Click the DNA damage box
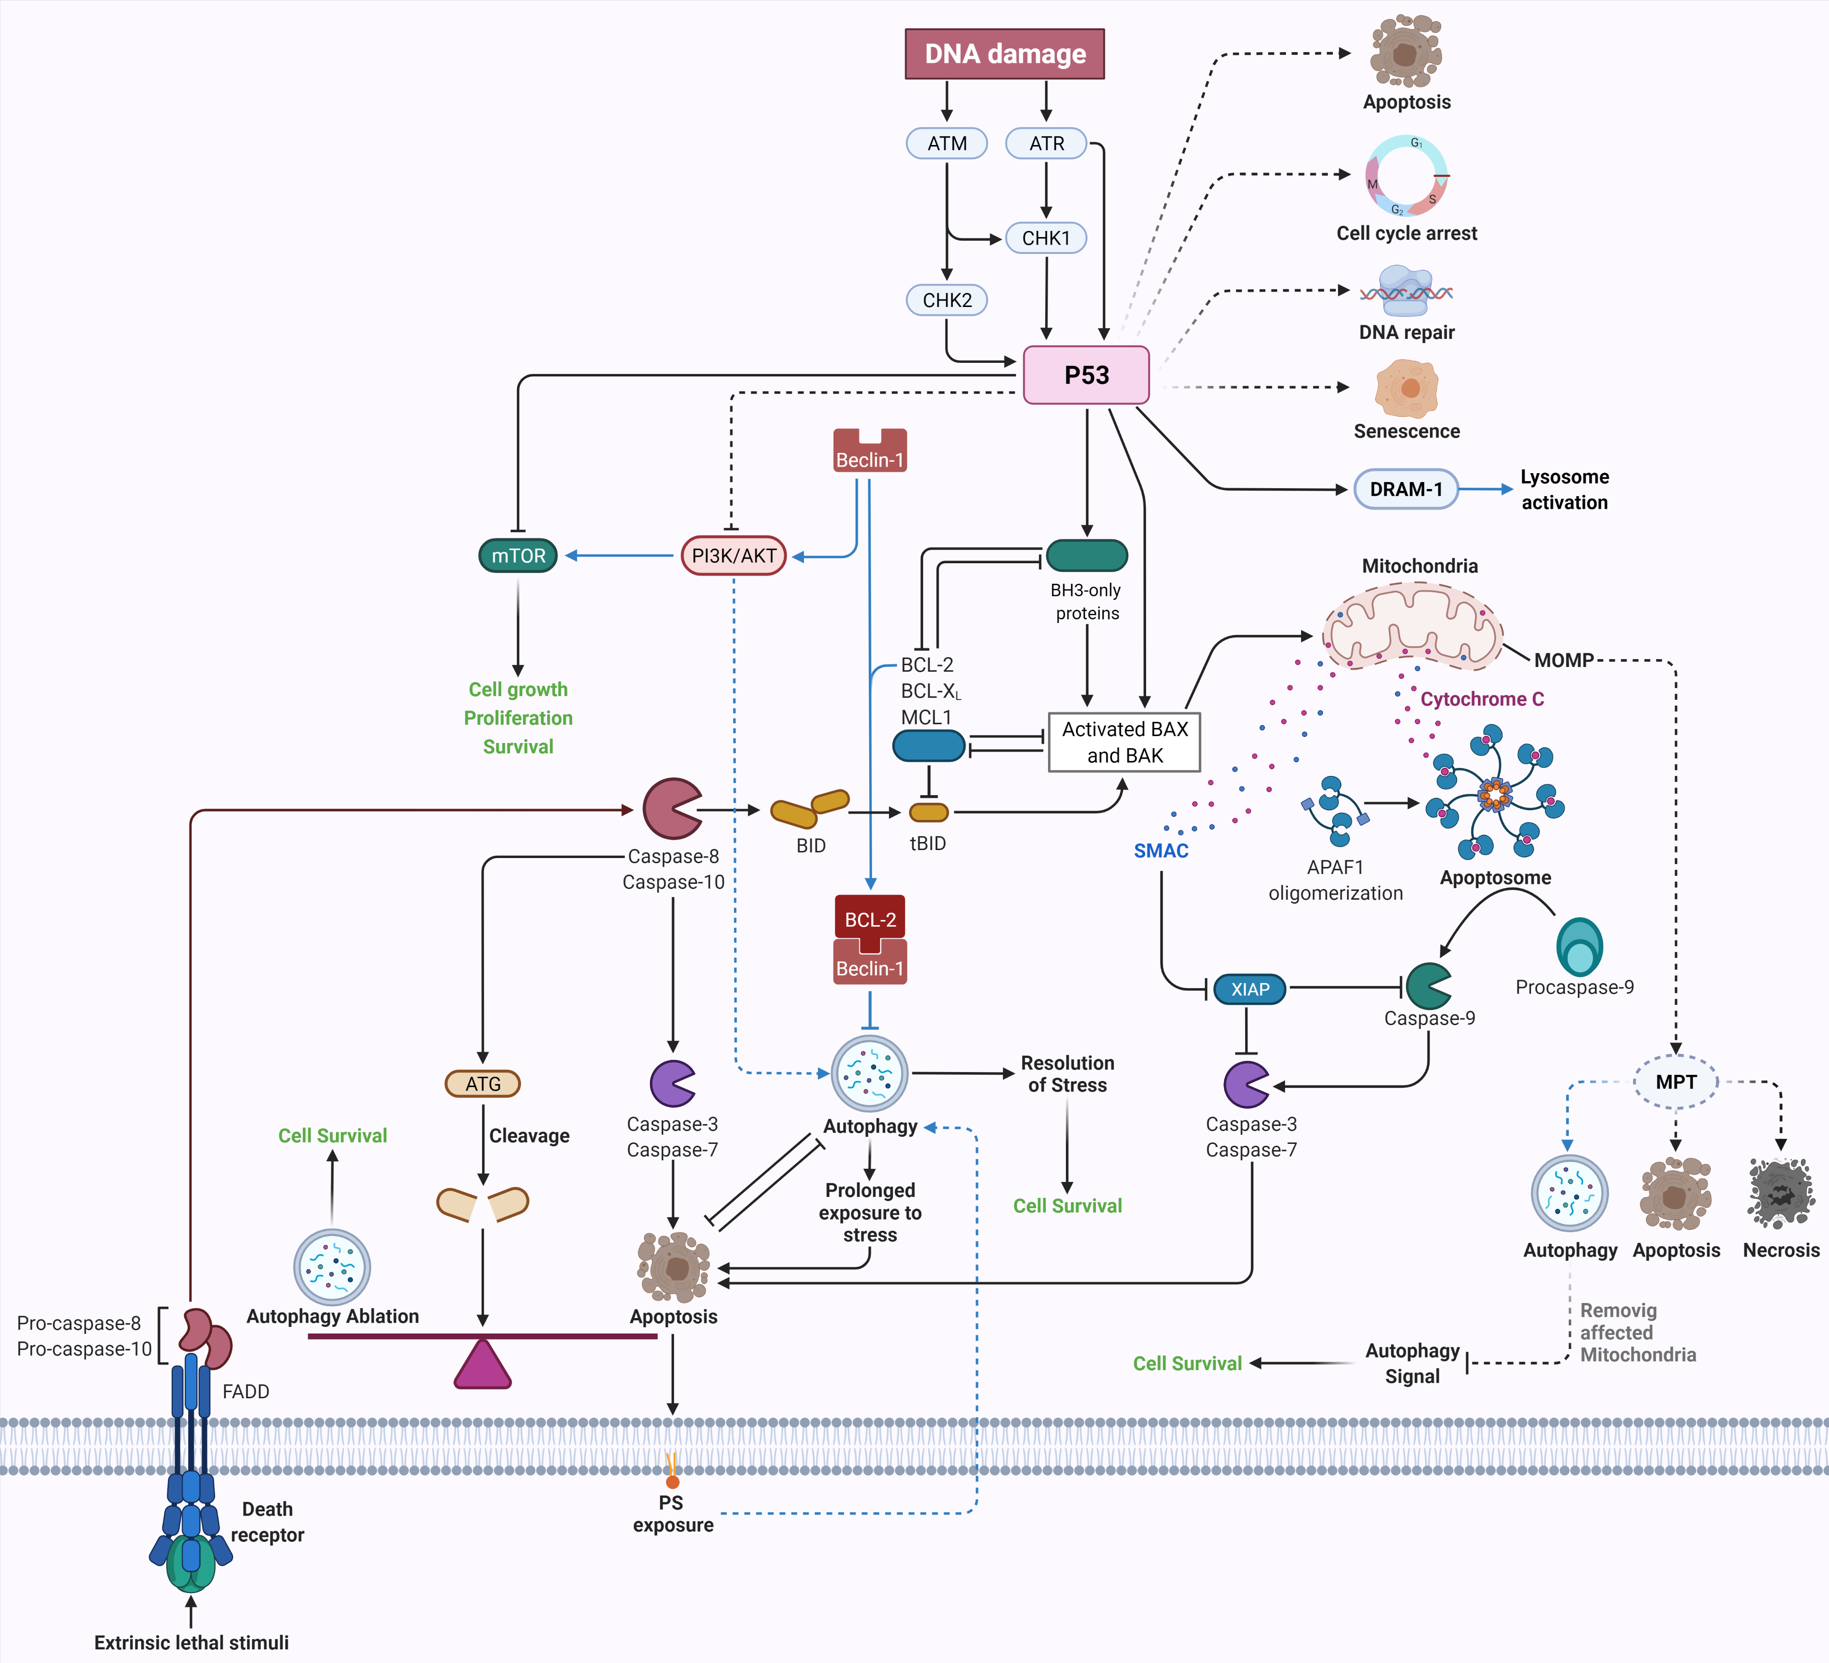click(1004, 54)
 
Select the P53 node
click(1086, 375)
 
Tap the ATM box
click(946, 143)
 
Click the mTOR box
click(518, 555)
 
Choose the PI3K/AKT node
click(733, 555)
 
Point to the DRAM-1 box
click(1405, 489)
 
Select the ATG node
click(482, 1083)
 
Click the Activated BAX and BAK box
click(1124, 742)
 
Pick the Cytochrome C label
click(1482, 698)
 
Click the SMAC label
click(1160, 850)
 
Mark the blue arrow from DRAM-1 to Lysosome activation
click(1486, 489)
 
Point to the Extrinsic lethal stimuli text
click(191, 1642)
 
